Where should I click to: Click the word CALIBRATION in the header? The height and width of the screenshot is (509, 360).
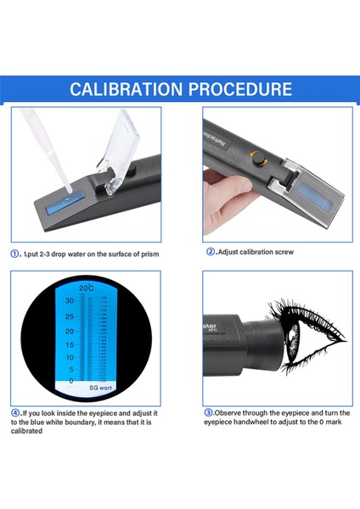click(x=125, y=89)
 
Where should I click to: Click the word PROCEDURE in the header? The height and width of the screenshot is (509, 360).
click(x=239, y=89)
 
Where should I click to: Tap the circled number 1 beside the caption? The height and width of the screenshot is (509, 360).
click(x=14, y=253)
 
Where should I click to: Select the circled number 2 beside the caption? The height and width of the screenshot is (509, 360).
click(x=210, y=252)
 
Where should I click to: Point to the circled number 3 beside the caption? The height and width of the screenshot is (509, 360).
click(x=208, y=411)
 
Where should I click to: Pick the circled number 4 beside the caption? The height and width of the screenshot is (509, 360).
click(x=14, y=411)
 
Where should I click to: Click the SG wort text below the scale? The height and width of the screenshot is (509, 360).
click(x=101, y=387)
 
